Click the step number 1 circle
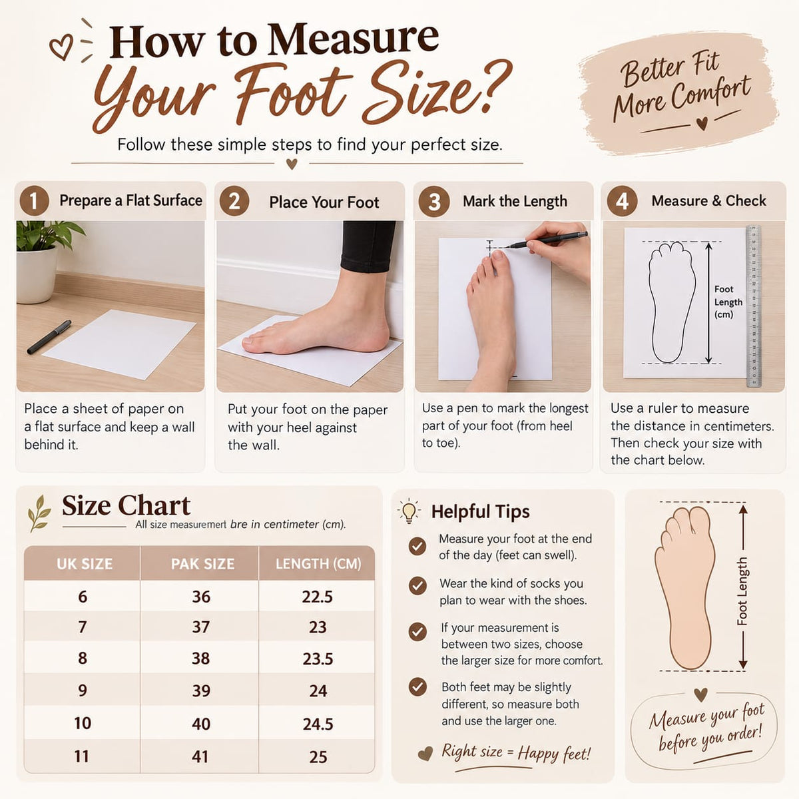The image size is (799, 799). coord(35,200)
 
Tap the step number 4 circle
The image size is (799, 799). coord(622,201)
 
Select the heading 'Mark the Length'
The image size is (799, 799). coord(515,202)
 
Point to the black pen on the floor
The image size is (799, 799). coord(49,337)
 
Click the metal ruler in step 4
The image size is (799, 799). coord(754,306)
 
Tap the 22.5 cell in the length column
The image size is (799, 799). coord(317,597)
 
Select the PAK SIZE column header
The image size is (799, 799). coord(203,564)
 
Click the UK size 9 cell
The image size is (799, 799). coord(83,690)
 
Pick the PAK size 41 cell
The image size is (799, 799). coord(200,756)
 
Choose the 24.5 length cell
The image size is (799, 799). coord(318,724)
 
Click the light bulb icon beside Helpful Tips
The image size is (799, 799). coord(409,511)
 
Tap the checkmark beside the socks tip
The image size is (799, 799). coord(417,586)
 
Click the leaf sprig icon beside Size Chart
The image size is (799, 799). coord(40,513)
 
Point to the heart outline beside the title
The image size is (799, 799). coord(61,47)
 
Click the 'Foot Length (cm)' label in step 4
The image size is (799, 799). coord(728,302)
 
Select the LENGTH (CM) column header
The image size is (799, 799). coord(318,564)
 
